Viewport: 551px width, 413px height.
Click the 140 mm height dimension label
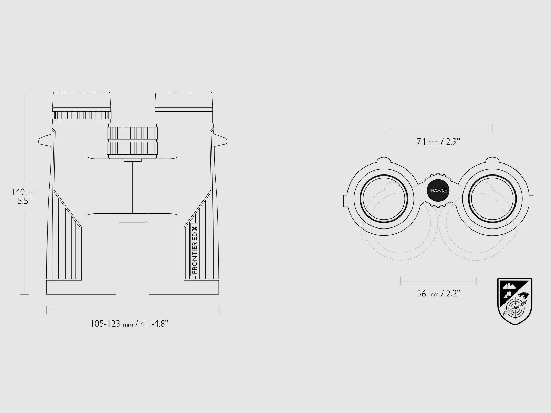pyautogui.click(x=24, y=197)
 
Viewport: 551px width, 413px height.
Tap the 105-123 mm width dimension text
pyautogui.click(x=129, y=324)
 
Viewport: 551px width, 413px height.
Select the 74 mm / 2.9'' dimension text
pyautogui.click(x=438, y=142)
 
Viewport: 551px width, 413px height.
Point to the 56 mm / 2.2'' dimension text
pyautogui.click(x=438, y=293)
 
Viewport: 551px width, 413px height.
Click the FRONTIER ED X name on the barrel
pyautogui.click(x=195, y=250)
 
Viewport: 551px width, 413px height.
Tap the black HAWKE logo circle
pyautogui.click(x=438, y=191)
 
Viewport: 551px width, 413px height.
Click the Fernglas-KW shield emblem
pyautogui.click(x=515, y=301)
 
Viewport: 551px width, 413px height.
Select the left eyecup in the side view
pyautogui.click(x=81, y=99)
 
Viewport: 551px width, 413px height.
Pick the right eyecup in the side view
pyautogui.click(x=184, y=99)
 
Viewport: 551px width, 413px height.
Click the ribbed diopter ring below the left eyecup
pyautogui.click(x=81, y=115)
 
